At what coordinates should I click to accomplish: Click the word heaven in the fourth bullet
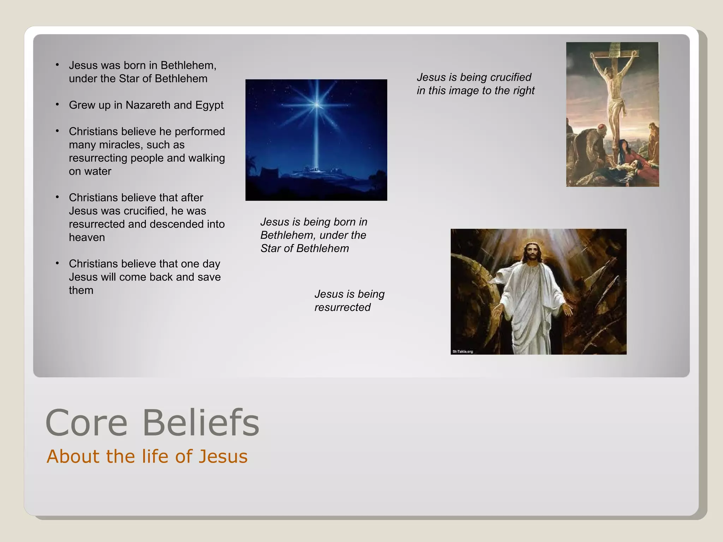point(87,237)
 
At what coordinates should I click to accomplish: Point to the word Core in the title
point(86,423)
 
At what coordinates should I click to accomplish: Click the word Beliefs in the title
point(201,423)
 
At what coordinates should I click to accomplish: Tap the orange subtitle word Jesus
point(223,456)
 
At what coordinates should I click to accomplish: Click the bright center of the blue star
point(317,104)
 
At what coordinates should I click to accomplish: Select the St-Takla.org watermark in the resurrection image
point(463,351)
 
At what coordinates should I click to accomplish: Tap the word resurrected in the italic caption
point(342,307)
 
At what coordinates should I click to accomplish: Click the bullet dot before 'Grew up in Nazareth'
point(57,104)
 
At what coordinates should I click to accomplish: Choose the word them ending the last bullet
point(81,290)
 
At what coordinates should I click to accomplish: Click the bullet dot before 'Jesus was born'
point(57,65)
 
